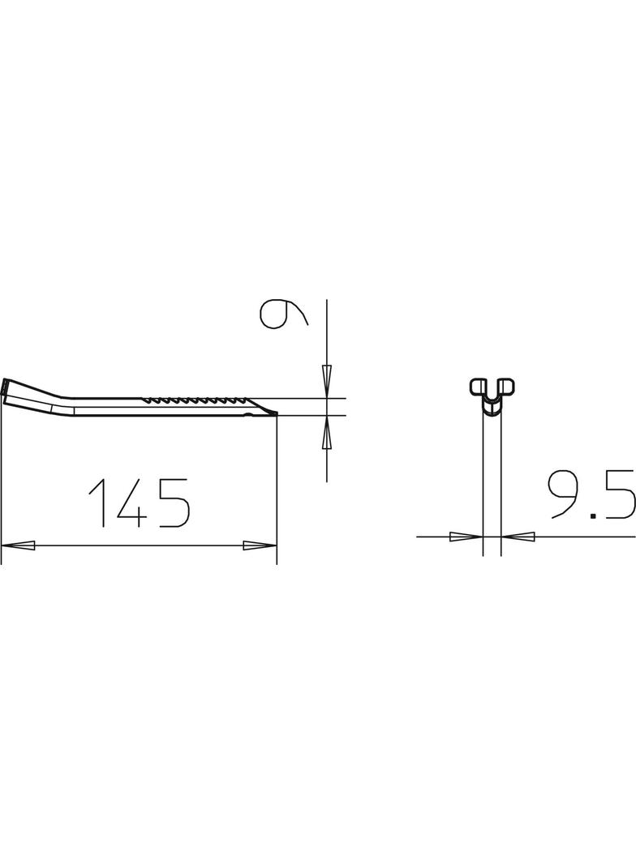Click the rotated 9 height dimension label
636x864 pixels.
[281, 314]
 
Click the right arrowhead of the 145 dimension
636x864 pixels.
[260, 545]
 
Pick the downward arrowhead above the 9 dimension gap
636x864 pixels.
[327, 381]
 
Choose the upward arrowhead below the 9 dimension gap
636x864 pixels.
[327, 434]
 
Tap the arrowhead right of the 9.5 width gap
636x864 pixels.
[518, 536]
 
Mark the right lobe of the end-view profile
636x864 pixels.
[507, 386]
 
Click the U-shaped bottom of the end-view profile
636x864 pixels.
[492, 405]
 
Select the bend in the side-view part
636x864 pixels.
[67, 402]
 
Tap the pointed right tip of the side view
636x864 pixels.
[274, 414]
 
